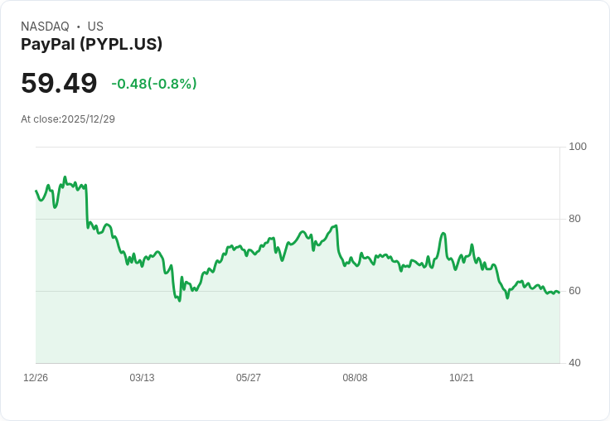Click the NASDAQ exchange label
click(x=45, y=27)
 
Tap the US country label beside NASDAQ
click(x=95, y=27)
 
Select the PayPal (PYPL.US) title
click(x=91, y=44)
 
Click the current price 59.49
click(x=59, y=83)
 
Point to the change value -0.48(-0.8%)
click(x=154, y=84)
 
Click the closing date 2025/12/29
click(x=88, y=119)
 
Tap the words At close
click(x=40, y=119)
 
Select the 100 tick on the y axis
click(x=578, y=147)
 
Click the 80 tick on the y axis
click(x=575, y=219)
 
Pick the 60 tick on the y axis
click(x=575, y=291)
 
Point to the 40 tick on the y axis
click(x=575, y=363)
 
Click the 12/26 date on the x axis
click(x=36, y=378)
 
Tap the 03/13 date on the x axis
click(x=142, y=378)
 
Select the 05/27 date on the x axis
click(x=249, y=378)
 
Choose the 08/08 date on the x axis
click(x=355, y=378)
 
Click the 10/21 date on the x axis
click(x=461, y=378)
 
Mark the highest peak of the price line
click(x=65, y=177)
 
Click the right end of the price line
click(x=559, y=293)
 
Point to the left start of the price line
click(x=36, y=191)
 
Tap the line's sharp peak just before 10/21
click(x=443, y=233)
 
